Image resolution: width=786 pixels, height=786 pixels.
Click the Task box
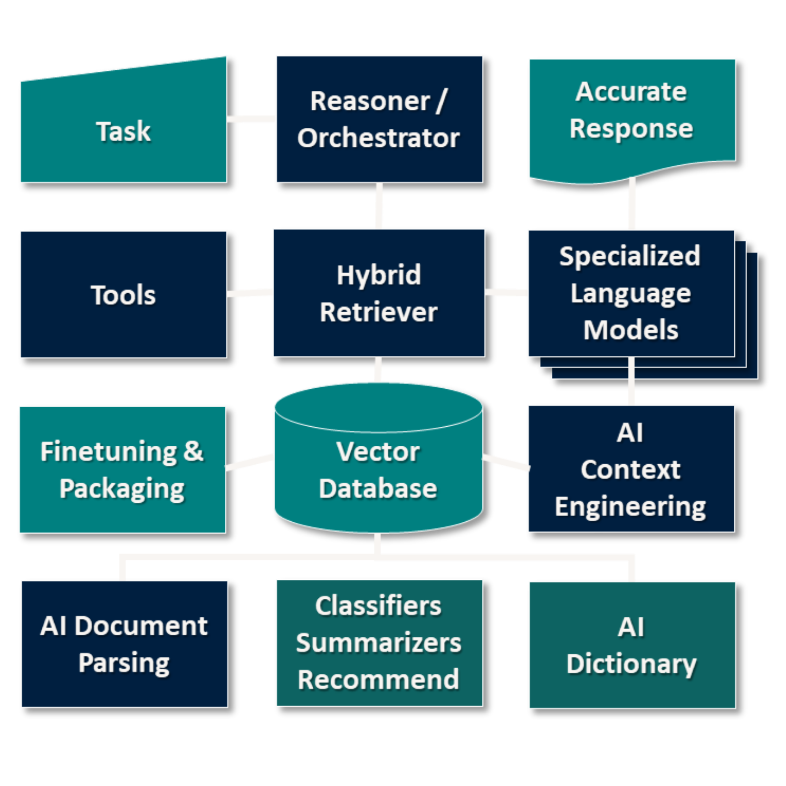(123, 131)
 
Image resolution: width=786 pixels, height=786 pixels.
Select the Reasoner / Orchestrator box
(379, 119)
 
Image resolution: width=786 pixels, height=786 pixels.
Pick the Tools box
(123, 295)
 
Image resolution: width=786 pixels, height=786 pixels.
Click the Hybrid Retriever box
(379, 293)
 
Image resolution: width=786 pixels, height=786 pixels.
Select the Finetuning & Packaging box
(122, 470)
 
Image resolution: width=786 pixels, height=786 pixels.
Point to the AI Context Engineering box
(631, 469)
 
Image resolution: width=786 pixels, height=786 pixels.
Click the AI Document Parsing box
(124, 644)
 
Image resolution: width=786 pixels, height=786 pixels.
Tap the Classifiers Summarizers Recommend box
(379, 643)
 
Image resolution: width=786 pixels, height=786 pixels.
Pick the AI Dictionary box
(632, 645)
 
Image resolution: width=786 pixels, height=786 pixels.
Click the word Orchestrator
(379, 138)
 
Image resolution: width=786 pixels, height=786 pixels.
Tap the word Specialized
(630, 257)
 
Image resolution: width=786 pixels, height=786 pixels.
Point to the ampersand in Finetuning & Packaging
(193, 451)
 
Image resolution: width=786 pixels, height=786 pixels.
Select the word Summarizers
(379, 643)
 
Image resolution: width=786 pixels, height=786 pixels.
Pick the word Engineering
(630, 507)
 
